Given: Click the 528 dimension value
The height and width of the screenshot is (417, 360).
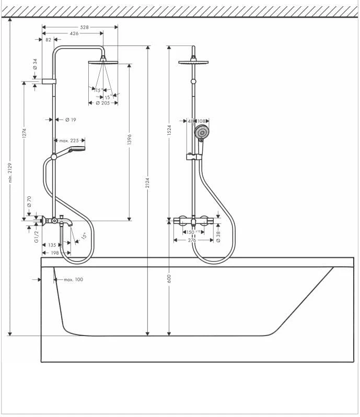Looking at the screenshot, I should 84,27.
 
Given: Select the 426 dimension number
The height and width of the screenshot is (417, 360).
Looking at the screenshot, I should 74,33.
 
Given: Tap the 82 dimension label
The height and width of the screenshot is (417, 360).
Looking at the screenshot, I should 49,40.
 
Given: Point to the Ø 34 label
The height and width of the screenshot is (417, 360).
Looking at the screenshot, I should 35,64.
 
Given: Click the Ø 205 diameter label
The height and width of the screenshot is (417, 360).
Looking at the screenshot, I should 102,103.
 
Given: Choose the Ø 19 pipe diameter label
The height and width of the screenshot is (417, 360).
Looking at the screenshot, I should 71,120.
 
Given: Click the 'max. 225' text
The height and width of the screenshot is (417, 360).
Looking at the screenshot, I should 68,140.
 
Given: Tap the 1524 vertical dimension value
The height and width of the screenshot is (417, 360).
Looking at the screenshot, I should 169,130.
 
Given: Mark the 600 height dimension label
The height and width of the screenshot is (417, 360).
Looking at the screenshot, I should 169,278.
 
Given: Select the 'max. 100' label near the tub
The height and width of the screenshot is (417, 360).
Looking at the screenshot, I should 74,280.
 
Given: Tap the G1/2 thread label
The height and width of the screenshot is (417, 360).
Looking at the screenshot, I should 37,237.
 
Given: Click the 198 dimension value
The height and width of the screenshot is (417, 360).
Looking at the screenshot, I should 54,253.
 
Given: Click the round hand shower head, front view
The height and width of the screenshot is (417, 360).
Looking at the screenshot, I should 202,133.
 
